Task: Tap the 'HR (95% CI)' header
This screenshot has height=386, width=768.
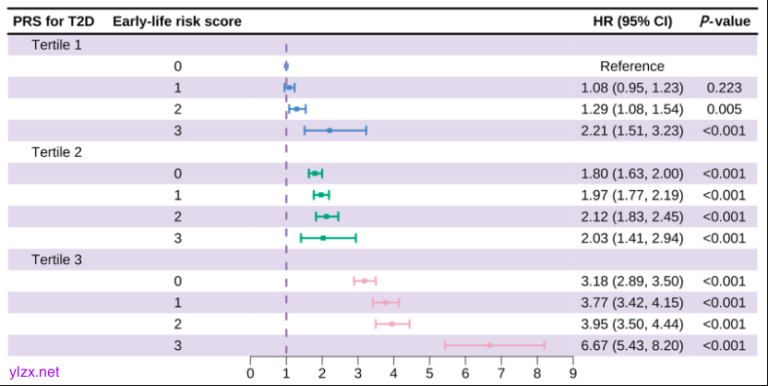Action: click(632, 21)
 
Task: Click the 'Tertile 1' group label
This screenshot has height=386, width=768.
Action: click(56, 44)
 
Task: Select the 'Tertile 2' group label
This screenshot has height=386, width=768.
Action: click(56, 151)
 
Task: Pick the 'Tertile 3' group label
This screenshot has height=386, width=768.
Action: click(56, 259)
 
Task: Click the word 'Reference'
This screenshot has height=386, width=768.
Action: click(632, 66)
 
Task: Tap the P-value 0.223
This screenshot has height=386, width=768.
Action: click(725, 88)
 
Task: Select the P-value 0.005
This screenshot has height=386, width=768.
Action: click(725, 109)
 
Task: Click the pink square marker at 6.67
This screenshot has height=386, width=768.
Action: click(489, 344)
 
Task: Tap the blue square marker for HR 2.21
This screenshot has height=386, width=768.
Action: click(330, 130)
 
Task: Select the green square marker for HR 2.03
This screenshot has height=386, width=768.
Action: click(323, 237)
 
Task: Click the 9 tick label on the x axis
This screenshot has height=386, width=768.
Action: click(573, 373)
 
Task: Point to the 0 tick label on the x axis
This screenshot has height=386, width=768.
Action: click(250, 373)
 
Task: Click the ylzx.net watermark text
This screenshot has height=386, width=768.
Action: click(34, 371)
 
